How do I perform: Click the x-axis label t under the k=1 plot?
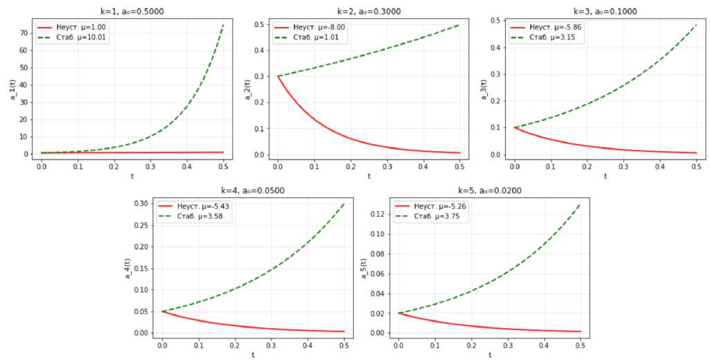pos(132,176)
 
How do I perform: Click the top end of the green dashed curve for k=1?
pos(224,25)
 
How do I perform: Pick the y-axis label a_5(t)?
pos(364,268)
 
